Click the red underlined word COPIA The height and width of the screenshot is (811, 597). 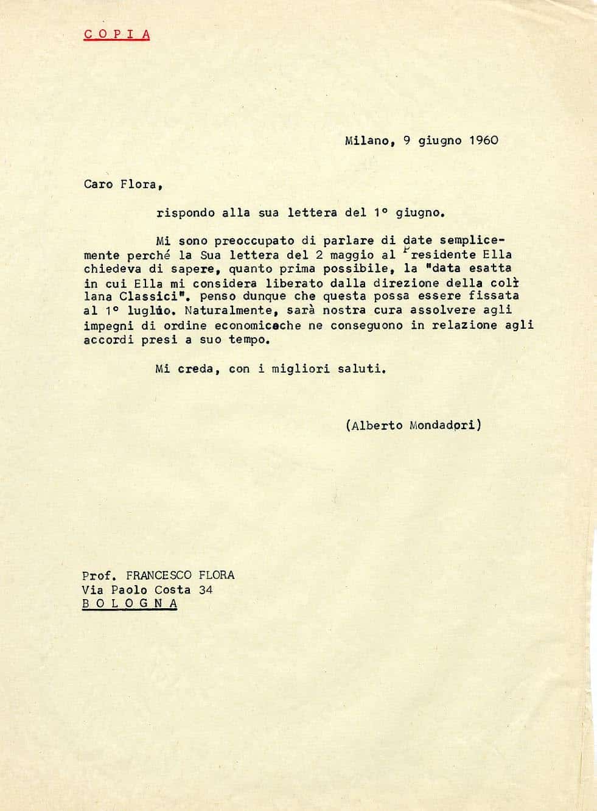pos(117,34)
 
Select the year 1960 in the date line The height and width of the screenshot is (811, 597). pos(484,140)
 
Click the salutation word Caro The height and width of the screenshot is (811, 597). pos(98,184)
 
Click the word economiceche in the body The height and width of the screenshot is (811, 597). pos(258,325)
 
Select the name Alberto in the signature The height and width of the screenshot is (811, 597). pos(376,426)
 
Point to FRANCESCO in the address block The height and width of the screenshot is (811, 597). pos(158,575)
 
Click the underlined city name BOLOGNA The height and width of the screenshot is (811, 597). pos(130,603)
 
